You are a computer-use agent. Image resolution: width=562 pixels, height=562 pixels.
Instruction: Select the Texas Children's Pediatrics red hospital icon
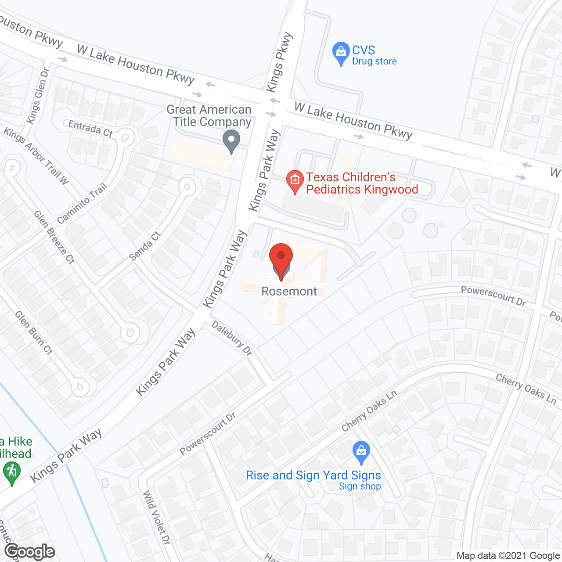pyautogui.click(x=295, y=180)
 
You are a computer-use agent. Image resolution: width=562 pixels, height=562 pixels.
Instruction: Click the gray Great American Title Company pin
pyautogui.click(x=231, y=141)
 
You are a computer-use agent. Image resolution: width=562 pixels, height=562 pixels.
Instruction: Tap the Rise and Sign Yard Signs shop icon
pyautogui.click(x=361, y=452)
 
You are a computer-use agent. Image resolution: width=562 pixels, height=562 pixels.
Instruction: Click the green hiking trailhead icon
pyautogui.click(x=11, y=474)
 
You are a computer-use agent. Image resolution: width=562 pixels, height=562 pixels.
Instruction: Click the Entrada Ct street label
pyautogui.click(x=90, y=129)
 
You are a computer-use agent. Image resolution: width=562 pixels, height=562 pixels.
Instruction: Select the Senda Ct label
pyautogui.click(x=145, y=246)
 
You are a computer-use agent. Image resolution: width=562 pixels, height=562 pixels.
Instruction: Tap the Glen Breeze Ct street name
pyautogui.click(x=54, y=237)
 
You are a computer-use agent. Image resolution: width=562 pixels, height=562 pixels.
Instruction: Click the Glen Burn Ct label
pyautogui.click(x=34, y=332)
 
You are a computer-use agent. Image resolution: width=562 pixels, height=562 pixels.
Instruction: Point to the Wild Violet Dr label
pyautogui.click(x=156, y=518)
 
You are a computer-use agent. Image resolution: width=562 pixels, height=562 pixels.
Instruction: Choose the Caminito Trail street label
pyautogui.click(x=82, y=203)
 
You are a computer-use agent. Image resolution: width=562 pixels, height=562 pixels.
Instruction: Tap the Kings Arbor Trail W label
pyautogui.click(x=36, y=155)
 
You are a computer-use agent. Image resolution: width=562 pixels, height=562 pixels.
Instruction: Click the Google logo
pyautogui.click(x=30, y=551)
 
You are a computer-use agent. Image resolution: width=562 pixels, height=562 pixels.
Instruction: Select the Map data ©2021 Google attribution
pyautogui.click(x=508, y=556)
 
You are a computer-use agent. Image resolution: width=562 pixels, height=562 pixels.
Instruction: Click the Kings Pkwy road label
pyautogui.click(x=279, y=62)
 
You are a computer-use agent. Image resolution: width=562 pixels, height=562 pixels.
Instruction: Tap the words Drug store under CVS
pyautogui.click(x=374, y=61)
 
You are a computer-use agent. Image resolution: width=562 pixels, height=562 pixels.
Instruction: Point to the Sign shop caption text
pyautogui.click(x=360, y=486)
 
